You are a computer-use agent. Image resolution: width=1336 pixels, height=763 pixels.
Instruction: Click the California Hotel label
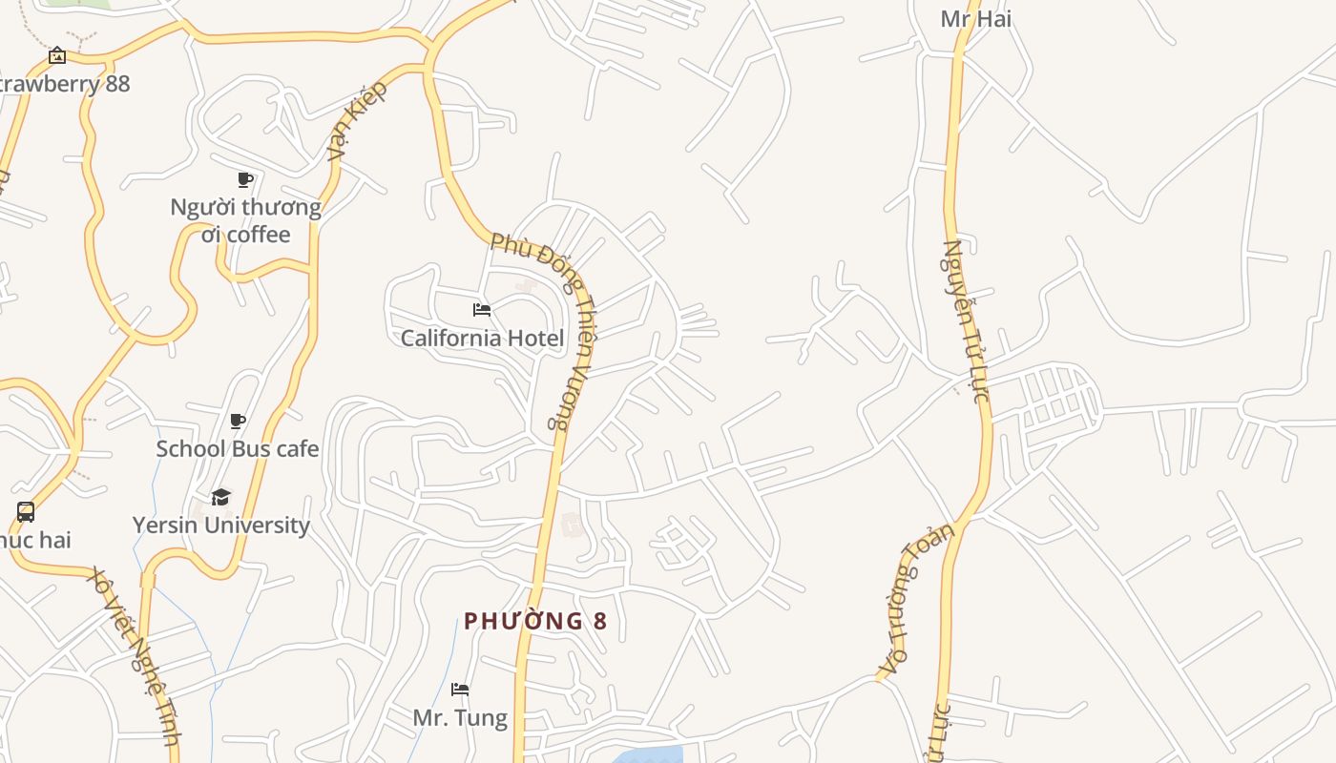(x=482, y=338)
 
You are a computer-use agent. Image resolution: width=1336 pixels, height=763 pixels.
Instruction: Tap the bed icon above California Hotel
(x=482, y=310)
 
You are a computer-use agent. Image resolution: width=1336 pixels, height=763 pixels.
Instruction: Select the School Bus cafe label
(x=238, y=448)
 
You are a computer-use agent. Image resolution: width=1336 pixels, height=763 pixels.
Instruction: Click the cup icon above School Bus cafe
(x=238, y=421)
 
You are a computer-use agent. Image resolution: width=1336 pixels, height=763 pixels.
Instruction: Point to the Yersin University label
(x=220, y=525)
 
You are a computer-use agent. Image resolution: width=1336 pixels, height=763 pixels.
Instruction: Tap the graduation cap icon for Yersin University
(x=220, y=497)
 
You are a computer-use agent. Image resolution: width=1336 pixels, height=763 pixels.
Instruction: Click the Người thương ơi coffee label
(x=245, y=220)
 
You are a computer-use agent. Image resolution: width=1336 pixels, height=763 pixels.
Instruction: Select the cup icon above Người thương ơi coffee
(x=245, y=179)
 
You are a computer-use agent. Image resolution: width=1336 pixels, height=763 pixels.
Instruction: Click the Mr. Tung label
(x=460, y=716)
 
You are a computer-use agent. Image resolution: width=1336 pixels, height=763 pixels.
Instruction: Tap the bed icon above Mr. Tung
(x=460, y=689)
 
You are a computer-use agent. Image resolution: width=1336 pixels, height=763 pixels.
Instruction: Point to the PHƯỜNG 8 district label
(x=535, y=621)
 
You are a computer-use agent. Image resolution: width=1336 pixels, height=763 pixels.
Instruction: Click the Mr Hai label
(x=975, y=18)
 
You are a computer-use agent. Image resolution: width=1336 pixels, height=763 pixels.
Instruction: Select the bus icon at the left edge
(x=26, y=512)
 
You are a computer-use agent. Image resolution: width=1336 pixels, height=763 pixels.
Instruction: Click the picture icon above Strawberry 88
(x=57, y=55)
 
